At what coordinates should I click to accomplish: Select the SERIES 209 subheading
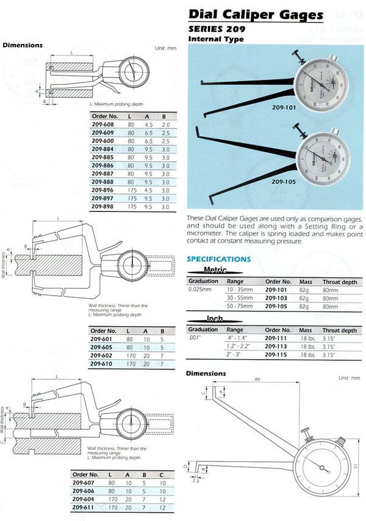(216, 29)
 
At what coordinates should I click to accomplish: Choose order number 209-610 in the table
(102, 363)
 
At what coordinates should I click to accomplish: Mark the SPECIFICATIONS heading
(218, 259)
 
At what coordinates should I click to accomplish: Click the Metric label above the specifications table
(215, 270)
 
